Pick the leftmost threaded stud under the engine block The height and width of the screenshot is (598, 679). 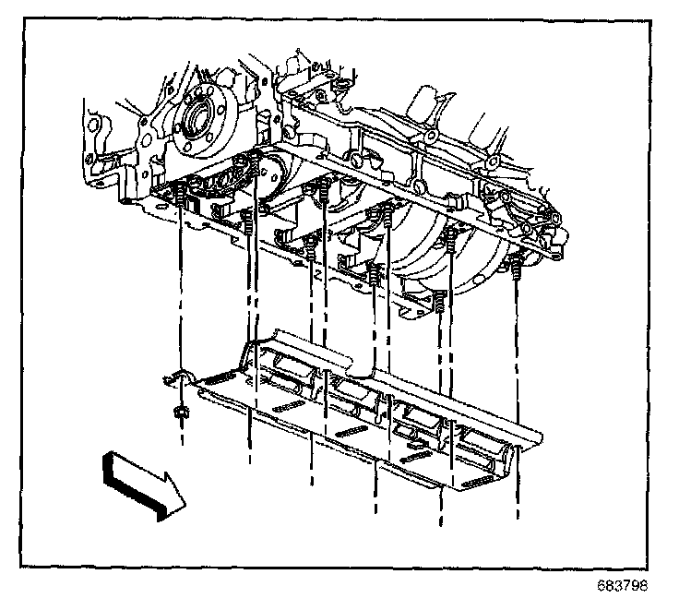181,197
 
